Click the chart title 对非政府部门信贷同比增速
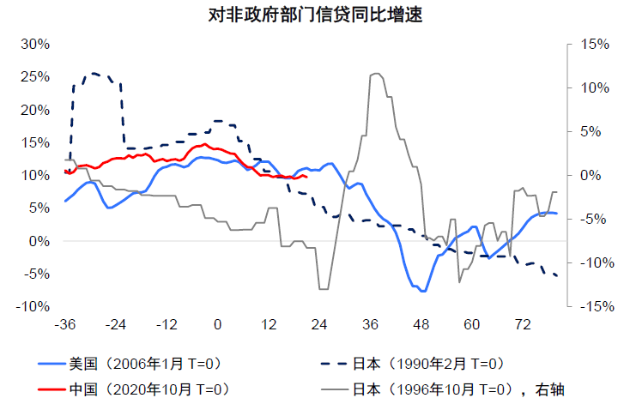315,15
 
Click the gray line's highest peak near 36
375,74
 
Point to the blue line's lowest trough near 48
422,292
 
